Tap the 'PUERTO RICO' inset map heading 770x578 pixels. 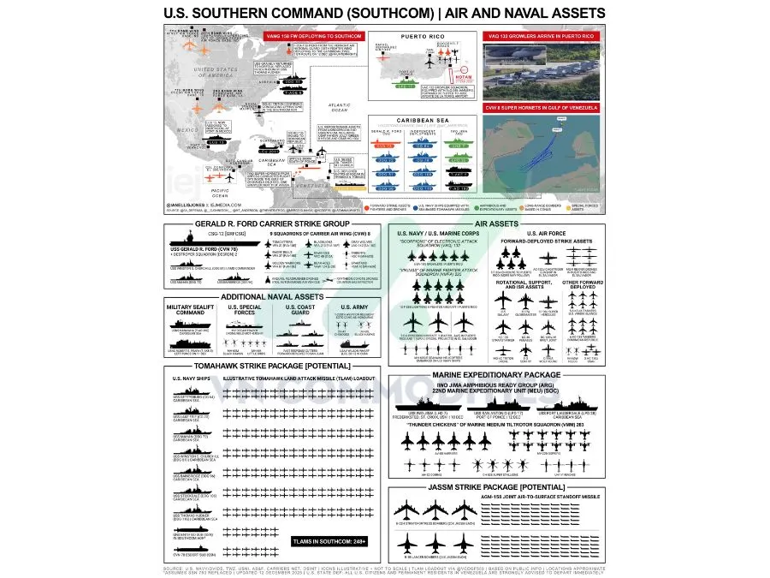[420, 36]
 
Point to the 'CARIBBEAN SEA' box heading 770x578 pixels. [420, 121]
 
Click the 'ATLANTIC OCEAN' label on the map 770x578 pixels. [340, 109]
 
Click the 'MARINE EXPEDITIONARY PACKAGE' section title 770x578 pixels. [496, 374]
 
